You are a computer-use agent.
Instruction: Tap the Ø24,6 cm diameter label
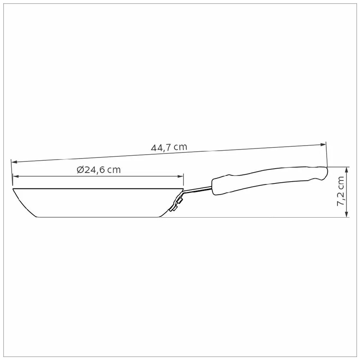pos(98,170)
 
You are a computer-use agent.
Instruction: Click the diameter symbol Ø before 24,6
pos(80,170)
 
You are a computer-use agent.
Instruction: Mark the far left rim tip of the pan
pos(13,189)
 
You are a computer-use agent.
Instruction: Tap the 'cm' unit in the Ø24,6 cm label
pos(114,170)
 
